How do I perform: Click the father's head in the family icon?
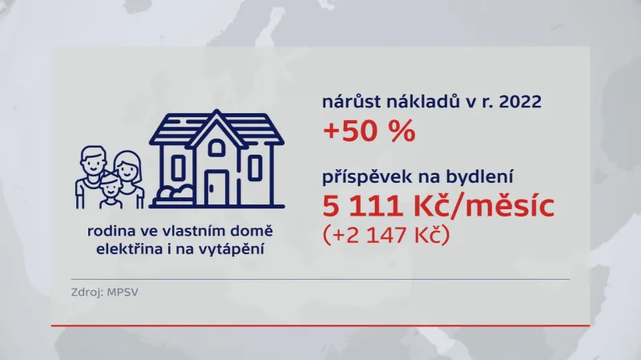point(94,163)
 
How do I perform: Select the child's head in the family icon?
point(111,188)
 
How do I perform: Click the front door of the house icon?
point(216,188)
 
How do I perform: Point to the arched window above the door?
point(216,147)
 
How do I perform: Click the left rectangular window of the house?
point(179,168)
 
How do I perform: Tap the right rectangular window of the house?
point(255,168)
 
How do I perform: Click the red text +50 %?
point(369,131)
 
